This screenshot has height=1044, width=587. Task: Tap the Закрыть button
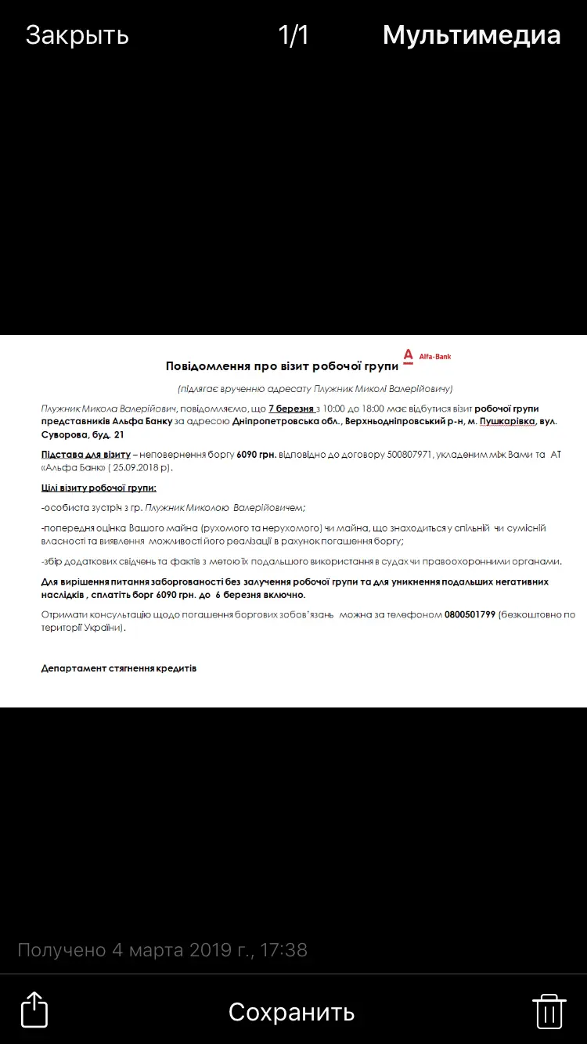(77, 35)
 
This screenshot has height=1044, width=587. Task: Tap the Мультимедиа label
(471, 35)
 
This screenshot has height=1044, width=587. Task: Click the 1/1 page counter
(293, 35)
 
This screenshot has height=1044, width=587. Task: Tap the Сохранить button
(291, 1012)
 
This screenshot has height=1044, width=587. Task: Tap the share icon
(34, 1010)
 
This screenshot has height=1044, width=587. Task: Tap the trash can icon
(549, 1011)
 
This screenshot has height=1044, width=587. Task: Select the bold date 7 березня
(291, 409)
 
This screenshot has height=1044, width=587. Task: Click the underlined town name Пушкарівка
(507, 422)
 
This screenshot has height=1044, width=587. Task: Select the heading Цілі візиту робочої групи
(99, 488)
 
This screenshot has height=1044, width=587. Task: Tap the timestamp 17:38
(283, 950)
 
